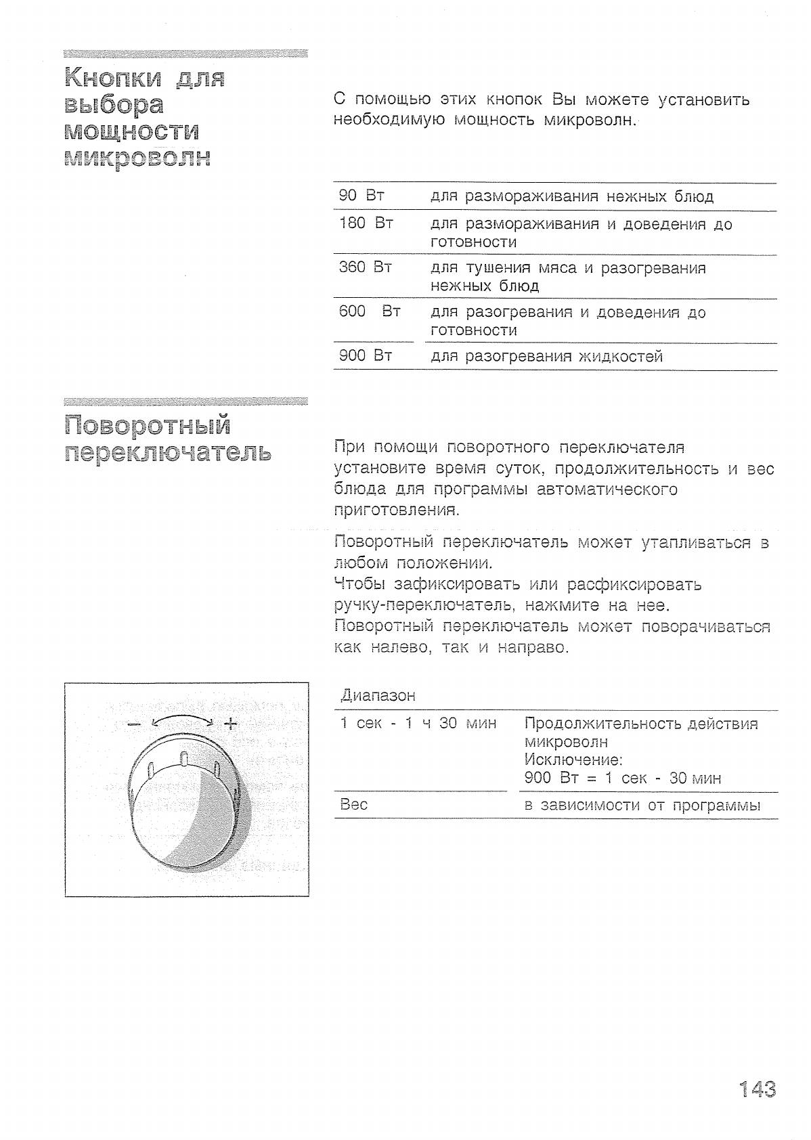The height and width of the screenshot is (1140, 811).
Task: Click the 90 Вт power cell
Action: [361, 196]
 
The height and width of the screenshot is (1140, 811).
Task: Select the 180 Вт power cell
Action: [366, 223]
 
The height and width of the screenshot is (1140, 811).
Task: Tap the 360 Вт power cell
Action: [365, 267]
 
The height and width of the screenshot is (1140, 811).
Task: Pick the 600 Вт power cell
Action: [370, 311]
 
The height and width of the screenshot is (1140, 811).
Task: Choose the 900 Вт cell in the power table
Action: [365, 355]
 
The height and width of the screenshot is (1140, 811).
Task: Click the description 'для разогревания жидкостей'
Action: [546, 356]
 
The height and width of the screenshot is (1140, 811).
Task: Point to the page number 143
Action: [757, 1089]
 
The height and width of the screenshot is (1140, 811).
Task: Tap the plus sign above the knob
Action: [231, 723]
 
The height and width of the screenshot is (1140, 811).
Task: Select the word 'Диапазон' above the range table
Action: [377, 695]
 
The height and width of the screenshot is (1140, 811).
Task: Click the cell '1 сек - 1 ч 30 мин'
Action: [418, 723]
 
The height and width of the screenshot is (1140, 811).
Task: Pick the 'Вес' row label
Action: [353, 804]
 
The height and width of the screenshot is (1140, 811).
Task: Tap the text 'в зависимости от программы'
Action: [642, 805]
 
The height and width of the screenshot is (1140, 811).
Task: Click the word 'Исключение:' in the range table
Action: [573, 760]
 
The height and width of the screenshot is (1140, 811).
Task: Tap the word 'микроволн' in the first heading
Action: [137, 158]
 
